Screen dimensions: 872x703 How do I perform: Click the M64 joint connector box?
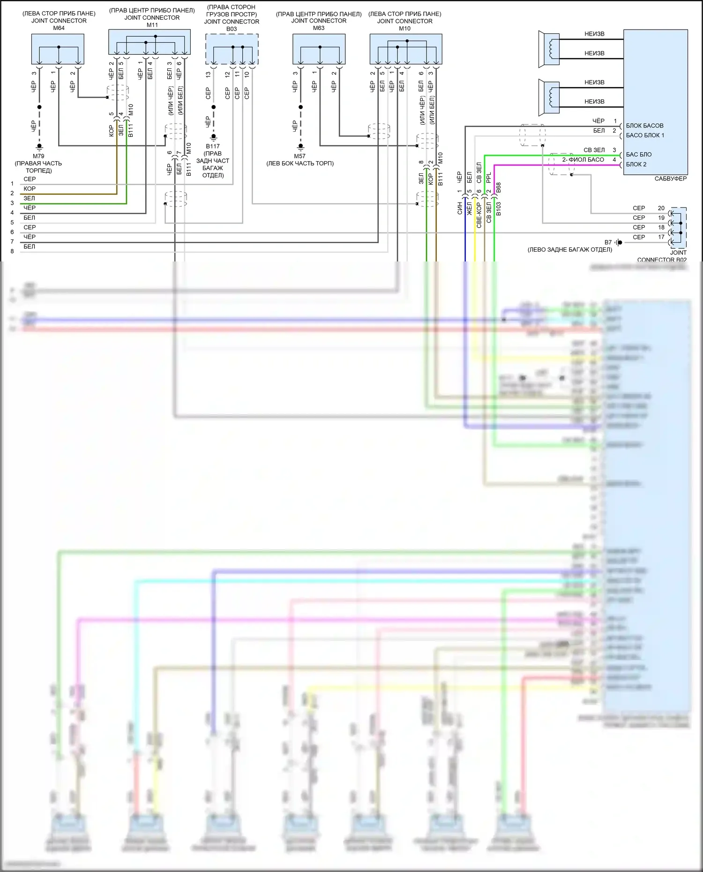(x=58, y=49)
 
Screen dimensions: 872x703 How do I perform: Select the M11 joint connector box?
(x=150, y=42)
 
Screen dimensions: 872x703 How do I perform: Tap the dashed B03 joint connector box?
(x=232, y=49)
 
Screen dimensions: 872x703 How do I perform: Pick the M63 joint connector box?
(x=319, y=49)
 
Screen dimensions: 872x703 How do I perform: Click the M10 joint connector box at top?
(x=405, y=49)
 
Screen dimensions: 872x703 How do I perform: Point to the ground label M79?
(x=38, y=156)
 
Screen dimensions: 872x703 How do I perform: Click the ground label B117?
(x=213, y=146)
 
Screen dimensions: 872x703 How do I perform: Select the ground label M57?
(x=299, y=156)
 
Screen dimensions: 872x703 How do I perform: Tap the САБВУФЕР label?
(x=670, y=179)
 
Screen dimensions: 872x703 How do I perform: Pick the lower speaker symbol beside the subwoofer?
(x=549, y=97)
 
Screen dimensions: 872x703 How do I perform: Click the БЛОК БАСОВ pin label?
(x=644, y=126)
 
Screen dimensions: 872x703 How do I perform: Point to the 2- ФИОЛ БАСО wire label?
(x=583, y=160)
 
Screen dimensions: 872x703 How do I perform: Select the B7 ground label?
(x=608, y=242)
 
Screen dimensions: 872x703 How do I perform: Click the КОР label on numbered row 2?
(x=30, y=188)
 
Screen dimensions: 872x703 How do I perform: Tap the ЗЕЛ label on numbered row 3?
(x=29, y=198)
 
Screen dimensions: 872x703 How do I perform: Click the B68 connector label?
(x=499, y=187)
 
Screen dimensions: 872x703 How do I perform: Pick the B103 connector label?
(x=499, y=209)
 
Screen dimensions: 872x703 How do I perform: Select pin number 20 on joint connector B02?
(x=661, y=208)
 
